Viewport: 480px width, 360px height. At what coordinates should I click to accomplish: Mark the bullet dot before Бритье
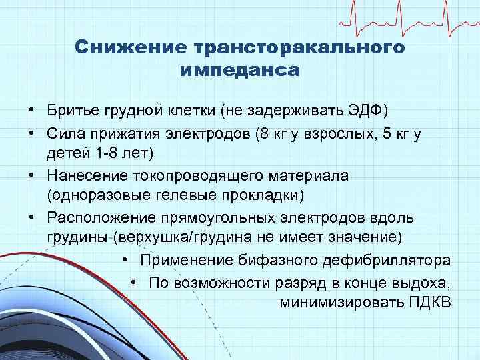(x=31, y=110)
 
